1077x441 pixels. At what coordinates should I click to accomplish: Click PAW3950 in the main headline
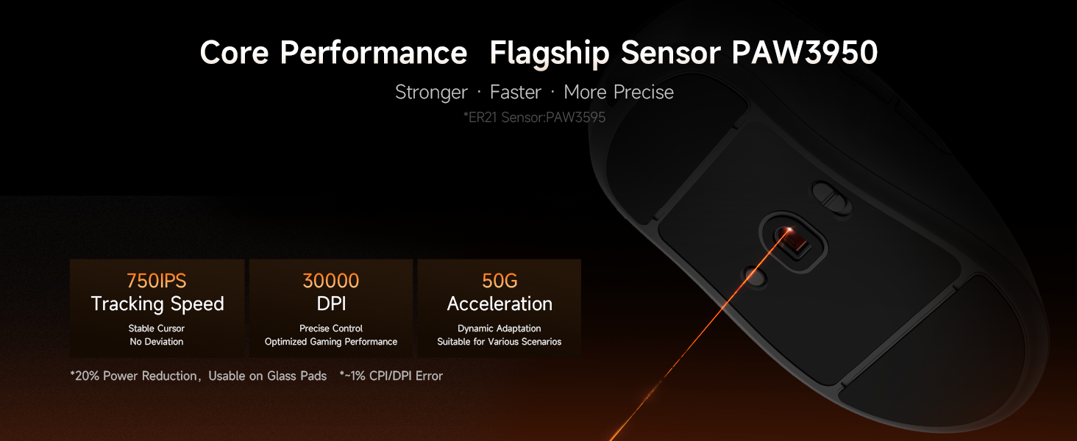click(804, 52)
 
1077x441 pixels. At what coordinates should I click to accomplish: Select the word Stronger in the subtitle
click(431, 92)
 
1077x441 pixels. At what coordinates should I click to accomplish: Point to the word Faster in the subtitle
click(516, 92)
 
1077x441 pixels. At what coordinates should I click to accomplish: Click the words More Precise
click(619, 92)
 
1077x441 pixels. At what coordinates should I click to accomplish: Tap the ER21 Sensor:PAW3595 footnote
click(534, 117)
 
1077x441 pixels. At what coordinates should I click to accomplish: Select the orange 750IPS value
click(156, 281)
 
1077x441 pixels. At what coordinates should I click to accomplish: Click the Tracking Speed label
click(157, 304)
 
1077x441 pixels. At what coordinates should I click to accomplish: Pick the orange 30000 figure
click(331, 281)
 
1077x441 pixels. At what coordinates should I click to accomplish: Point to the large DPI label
click(331, 304)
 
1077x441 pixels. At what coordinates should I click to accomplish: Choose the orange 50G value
click(500, 281)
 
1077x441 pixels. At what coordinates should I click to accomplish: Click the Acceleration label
click(500, 304)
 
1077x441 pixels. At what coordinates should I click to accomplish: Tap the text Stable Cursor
click(156, 329)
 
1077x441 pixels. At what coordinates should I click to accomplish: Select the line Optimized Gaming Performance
click(331, 342)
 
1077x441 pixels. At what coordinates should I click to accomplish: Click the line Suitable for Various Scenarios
click(499, 342)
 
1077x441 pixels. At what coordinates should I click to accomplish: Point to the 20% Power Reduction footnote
click(198, 376)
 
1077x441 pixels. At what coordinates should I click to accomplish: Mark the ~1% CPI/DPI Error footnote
click(391, 376)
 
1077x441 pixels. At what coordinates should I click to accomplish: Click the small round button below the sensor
click(756, 278)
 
